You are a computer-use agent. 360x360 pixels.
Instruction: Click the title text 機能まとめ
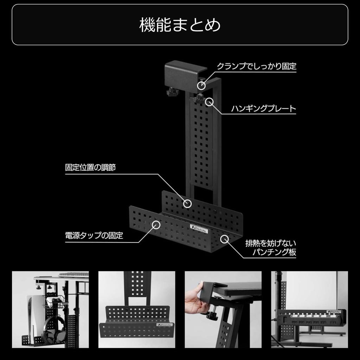(x=180, y=25)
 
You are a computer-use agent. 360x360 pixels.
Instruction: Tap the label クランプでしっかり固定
(x=256, y=66)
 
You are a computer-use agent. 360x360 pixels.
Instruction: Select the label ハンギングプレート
(x=263, y=109)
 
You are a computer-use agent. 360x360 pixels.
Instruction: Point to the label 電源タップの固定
(x=94, y=236)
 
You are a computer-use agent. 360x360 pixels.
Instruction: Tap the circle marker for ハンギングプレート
(x=210, y=102)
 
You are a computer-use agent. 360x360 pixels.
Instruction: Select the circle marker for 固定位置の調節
(x=188, y=203)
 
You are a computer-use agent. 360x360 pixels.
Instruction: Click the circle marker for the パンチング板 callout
(x=224, y=239)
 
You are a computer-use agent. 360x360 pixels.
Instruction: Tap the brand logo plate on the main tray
(x=199, y=228)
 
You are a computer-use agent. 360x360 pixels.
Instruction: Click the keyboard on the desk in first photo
(x=73, y=274)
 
